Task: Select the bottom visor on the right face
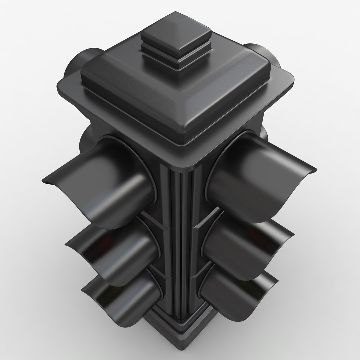pyautogui.click(x=233, y=293)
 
